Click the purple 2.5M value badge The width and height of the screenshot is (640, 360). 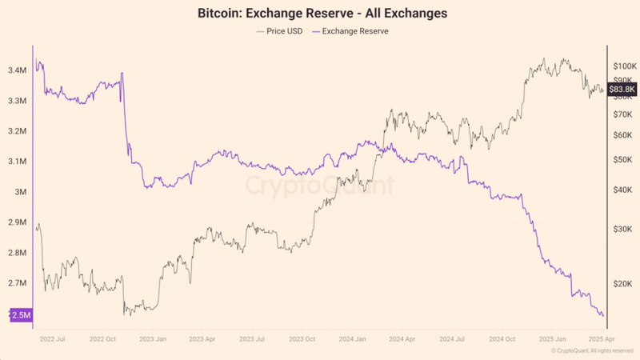pos(21,315)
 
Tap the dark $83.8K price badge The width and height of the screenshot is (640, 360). pos(622,90)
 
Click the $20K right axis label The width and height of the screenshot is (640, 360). pos(624,284)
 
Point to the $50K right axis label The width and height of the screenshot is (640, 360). pos(624,160)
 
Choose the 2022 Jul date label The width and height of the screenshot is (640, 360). pos(53,339)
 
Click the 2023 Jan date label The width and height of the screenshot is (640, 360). pos(154,339)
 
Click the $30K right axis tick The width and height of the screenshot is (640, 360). pos(624,229)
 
